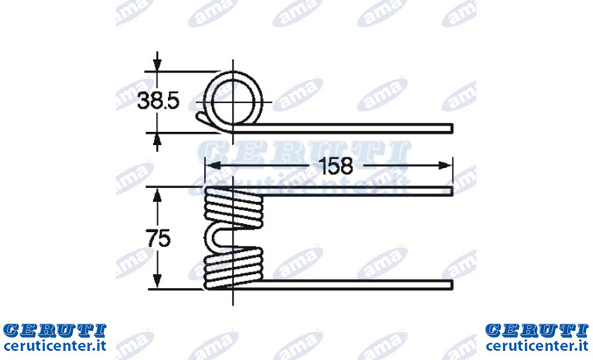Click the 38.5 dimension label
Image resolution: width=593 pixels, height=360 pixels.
[158, 102]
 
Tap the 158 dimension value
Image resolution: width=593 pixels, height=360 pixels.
[336, 166]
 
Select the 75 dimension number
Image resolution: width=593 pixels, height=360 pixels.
[158, 239]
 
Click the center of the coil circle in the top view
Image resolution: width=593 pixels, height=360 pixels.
[232, 102]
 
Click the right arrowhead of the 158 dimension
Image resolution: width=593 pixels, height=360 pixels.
[445, 166]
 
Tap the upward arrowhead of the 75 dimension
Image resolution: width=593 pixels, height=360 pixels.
[157, 195]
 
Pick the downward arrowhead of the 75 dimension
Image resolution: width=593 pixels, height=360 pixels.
[157, 281]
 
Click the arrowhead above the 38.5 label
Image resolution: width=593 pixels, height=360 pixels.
[157, 63]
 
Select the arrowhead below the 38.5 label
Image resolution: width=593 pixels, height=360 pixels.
[157, 140]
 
